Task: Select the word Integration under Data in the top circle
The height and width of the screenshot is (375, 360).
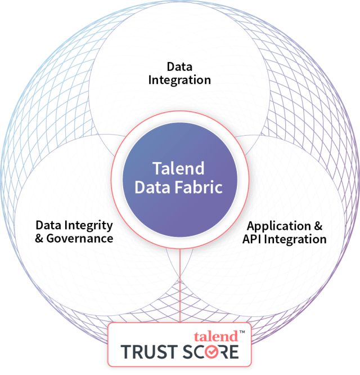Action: [x=179, y=79]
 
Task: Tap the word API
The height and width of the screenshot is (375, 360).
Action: [x=253, y=239]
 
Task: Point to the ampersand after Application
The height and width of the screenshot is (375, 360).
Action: [x=318, y=226]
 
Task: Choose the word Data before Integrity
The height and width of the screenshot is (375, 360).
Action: [x=47, y=226]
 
